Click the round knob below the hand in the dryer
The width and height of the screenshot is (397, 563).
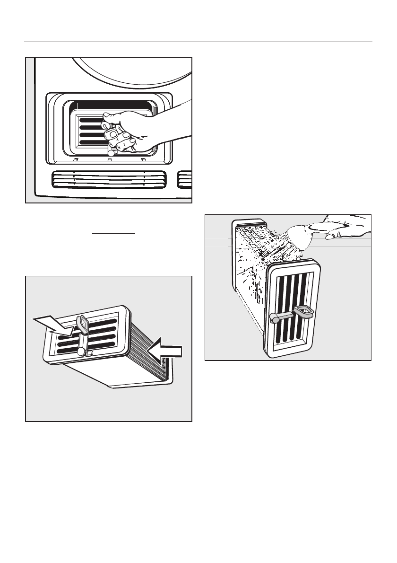[111, 153]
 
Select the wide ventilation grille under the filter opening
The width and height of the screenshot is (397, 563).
[109, 180]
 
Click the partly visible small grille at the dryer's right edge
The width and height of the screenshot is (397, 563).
[184, 180]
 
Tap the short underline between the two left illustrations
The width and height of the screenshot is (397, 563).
[114, 233]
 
